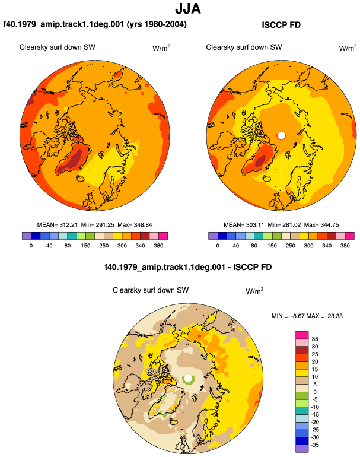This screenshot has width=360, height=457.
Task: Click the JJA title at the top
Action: click(x=188, y=9)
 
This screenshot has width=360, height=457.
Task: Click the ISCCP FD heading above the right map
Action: click(x=281, y=25)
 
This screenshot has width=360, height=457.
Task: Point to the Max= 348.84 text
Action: click(x=135, y=225)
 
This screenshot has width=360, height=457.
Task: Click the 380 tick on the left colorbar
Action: click(x=158, y=246)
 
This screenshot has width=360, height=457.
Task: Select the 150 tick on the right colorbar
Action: click(x=272, y=246)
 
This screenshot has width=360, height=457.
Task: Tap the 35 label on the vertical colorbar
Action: click(x=315, y=339)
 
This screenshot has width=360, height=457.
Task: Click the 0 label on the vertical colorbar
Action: click(x=315, y=392)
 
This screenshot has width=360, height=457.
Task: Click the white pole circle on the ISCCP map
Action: click(x=281, y=135)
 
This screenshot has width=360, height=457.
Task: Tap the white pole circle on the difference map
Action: click(x=188, y=378)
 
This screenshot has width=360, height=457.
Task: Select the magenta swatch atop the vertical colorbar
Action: click(x=302, y=335)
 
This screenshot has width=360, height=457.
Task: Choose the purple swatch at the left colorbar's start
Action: click(x=27, y=236)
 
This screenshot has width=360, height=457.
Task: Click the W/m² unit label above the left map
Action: click(x=161, y=47)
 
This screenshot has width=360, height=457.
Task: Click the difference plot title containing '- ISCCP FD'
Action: click(x=188, y=267)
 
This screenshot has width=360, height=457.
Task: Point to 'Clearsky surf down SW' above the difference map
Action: click(x=151, y=290)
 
